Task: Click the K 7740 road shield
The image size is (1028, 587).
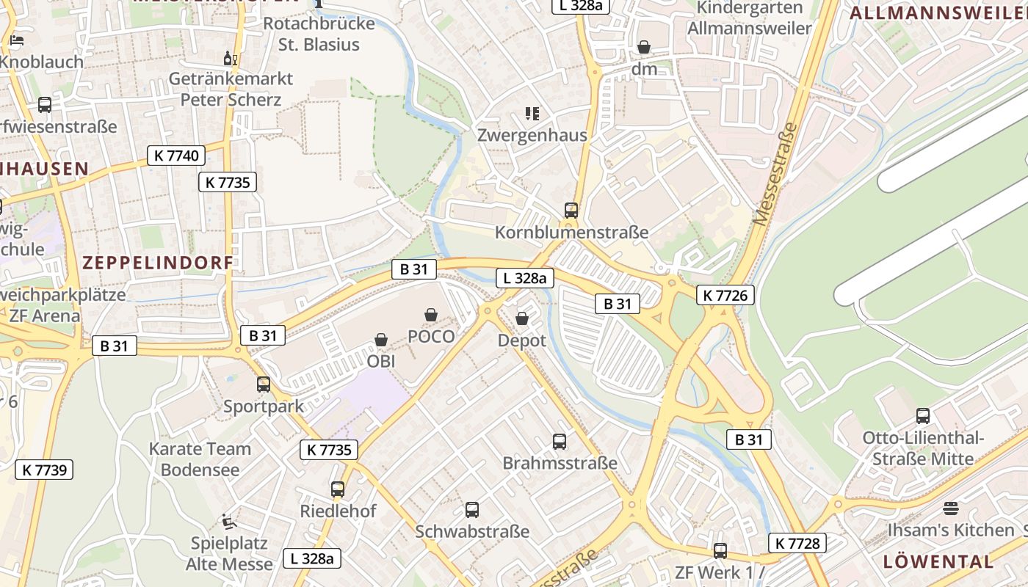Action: (176, 156)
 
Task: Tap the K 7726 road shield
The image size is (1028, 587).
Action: (725, 295)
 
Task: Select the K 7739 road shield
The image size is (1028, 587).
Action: (44, 470)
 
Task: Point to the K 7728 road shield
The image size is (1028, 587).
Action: (797, 543)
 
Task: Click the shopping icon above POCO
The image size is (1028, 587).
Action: (431, 315)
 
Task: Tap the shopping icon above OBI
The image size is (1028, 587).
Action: (381, 340)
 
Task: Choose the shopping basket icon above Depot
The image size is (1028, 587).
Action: (521, 318)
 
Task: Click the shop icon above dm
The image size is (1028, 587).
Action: (644, 47)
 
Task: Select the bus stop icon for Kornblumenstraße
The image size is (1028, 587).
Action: (571, 211)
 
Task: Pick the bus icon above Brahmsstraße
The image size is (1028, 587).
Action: (560, 442)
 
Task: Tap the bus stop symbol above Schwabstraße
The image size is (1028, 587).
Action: (472, 509)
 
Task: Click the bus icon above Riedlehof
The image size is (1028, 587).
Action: (338, 489)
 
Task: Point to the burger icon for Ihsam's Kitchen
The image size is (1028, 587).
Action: (951, 508)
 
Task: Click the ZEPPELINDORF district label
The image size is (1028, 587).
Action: (158, 262)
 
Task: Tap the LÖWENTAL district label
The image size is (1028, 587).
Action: (938, 562)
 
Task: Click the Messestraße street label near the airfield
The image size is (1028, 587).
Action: (775, 174)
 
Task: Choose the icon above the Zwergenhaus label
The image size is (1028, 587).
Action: (532, 113)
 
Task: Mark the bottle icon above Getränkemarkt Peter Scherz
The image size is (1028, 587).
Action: (231, 58)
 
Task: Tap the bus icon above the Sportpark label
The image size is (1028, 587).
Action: (263, 384)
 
